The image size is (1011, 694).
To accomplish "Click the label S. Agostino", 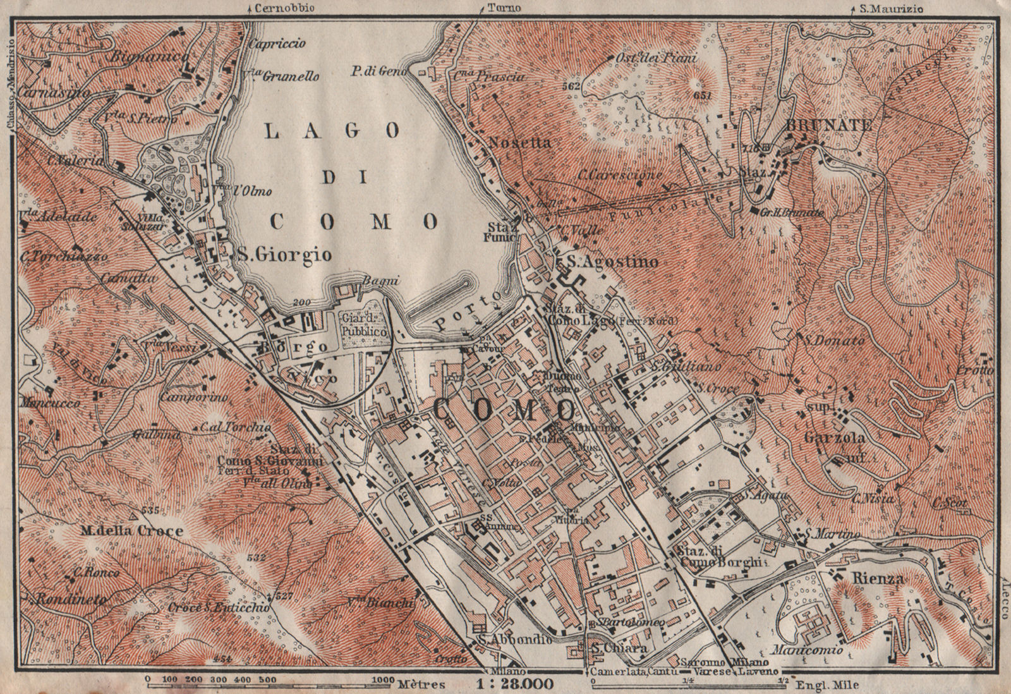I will click(608, 261).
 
